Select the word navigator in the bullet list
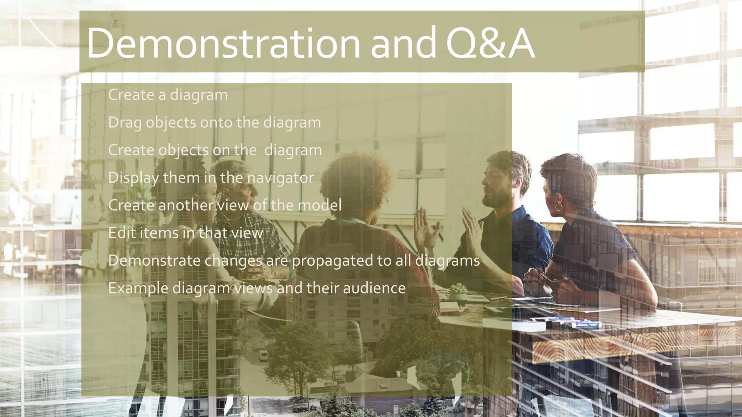[280, 178]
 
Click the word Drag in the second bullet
[125, 123]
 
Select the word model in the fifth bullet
[319, 205]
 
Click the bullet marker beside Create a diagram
[92, 96]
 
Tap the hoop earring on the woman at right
[559, 207]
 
